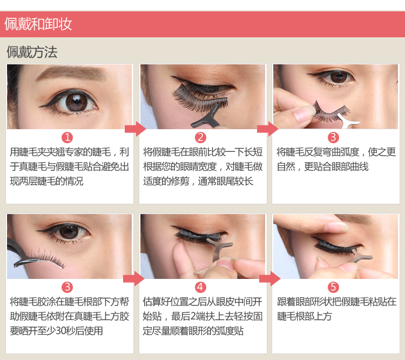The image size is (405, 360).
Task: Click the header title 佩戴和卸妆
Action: coord(38,24)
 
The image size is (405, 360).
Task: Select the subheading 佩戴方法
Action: coord(32,52)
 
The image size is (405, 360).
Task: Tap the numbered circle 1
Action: coord(67,137)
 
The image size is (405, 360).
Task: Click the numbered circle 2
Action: coord(200,137)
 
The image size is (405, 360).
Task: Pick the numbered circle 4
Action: coord(200,287)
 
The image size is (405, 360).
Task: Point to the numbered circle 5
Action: coord(333,287)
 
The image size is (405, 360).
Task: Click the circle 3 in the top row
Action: coord(333,137)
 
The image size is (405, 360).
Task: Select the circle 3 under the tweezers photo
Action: coord(67,287)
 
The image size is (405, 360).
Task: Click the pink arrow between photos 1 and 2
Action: coord(136,129)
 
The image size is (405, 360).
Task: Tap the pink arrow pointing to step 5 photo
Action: coord(269,278)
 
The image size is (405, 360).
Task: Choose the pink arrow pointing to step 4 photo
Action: coord(134,278)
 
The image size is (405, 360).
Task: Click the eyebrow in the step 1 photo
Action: coord(71,72)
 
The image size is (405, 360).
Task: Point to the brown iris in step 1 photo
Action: coord(77,102)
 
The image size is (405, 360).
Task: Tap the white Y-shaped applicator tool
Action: coord(349,122)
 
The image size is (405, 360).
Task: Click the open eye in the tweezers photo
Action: coord(69,231)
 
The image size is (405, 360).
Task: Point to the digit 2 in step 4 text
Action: coord(194,316)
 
